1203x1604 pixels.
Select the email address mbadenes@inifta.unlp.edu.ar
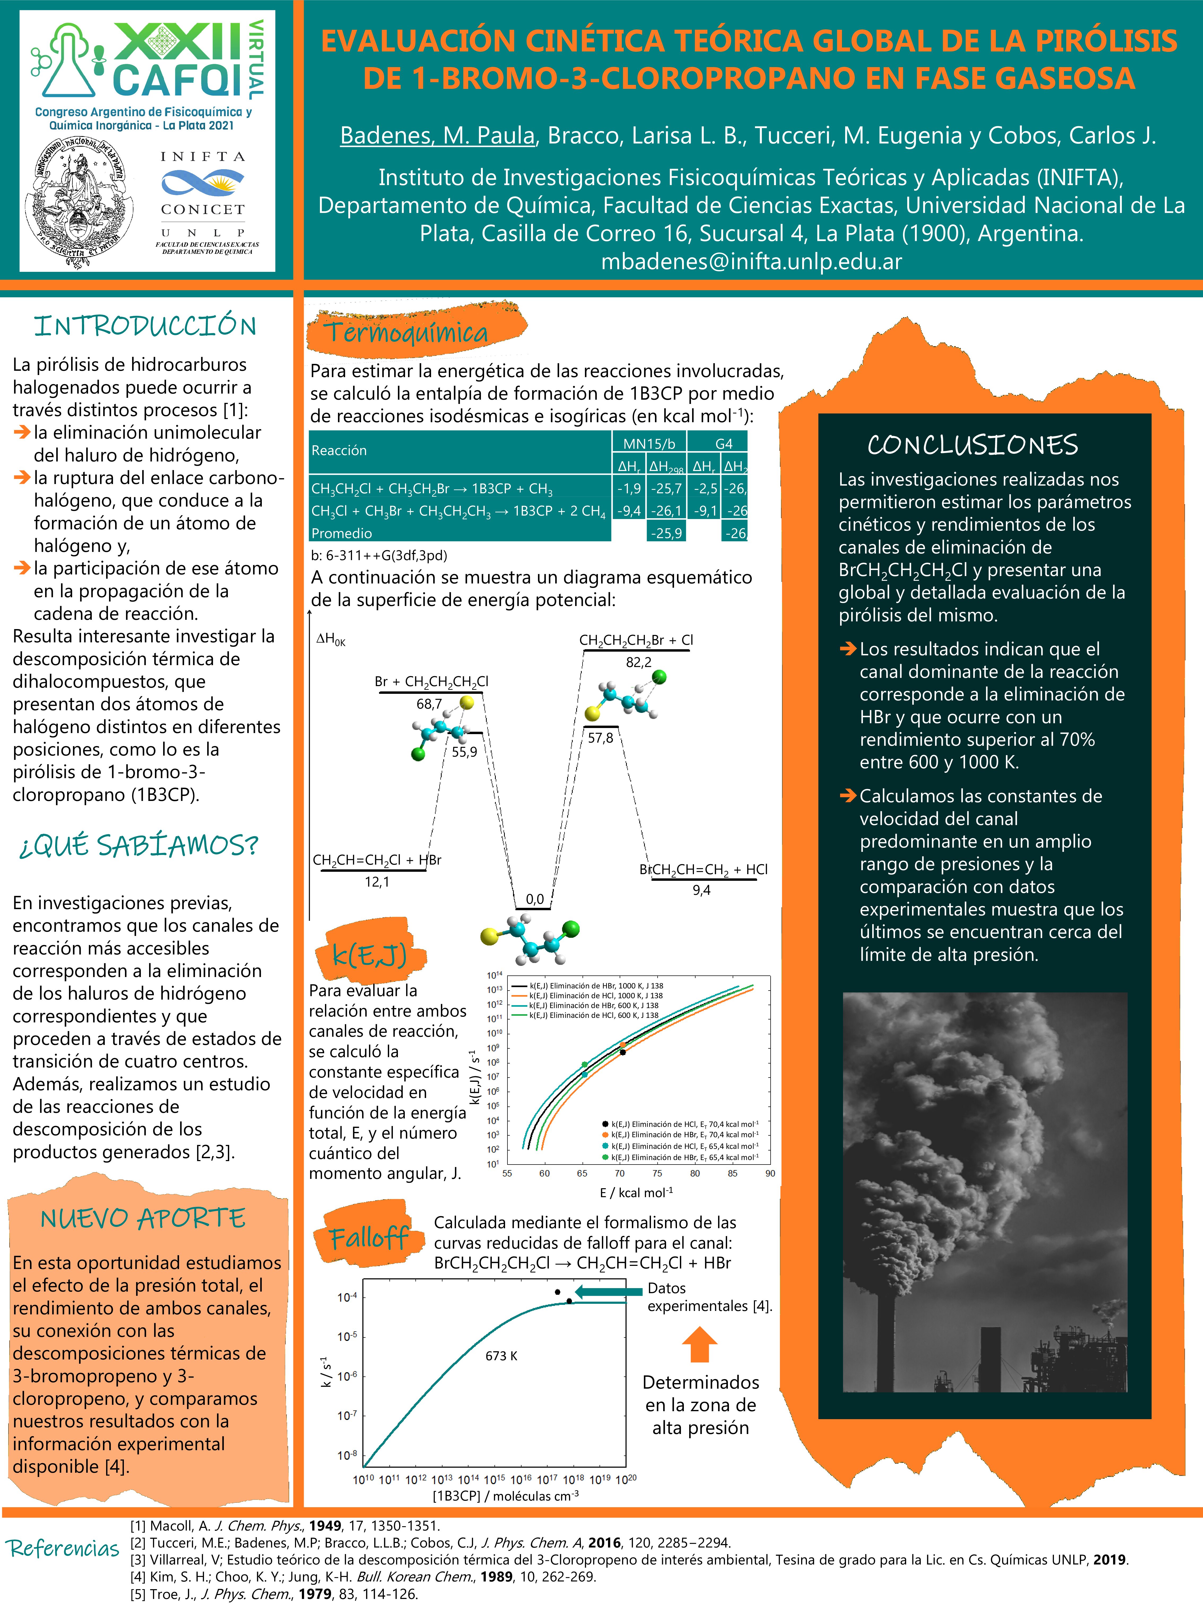tap(751, 261)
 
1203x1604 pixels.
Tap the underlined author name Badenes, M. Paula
tap(437, 136)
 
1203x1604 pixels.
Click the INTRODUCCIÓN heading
tap(145, 326)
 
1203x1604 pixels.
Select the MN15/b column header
tap(649, 443)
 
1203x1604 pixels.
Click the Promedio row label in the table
tap(342, 533)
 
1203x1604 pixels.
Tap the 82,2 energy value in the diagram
tap(638, 662)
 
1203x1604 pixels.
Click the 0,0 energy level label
tap(535, 899)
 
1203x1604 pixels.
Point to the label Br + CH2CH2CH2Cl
tap(431, 682)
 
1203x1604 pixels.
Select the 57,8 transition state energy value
tap(600, 738)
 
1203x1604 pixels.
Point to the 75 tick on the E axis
tap(657, 1173)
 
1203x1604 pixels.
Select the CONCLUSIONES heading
tap(972, 444)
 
